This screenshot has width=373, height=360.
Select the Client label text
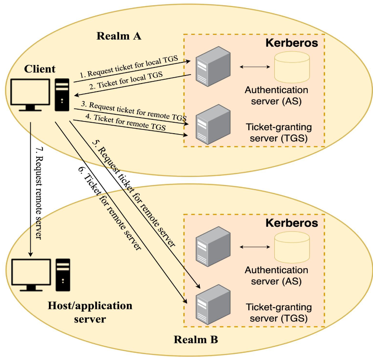(x=40, y=69)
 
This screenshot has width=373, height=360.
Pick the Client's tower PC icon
(x=62, y=94)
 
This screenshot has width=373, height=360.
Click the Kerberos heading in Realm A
(x=291, y=43)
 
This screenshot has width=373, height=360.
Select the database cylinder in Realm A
(x=292, y=67)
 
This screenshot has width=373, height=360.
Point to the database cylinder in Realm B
(x=292, y=247)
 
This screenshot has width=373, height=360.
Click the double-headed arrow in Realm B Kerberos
(x=255, y=247)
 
